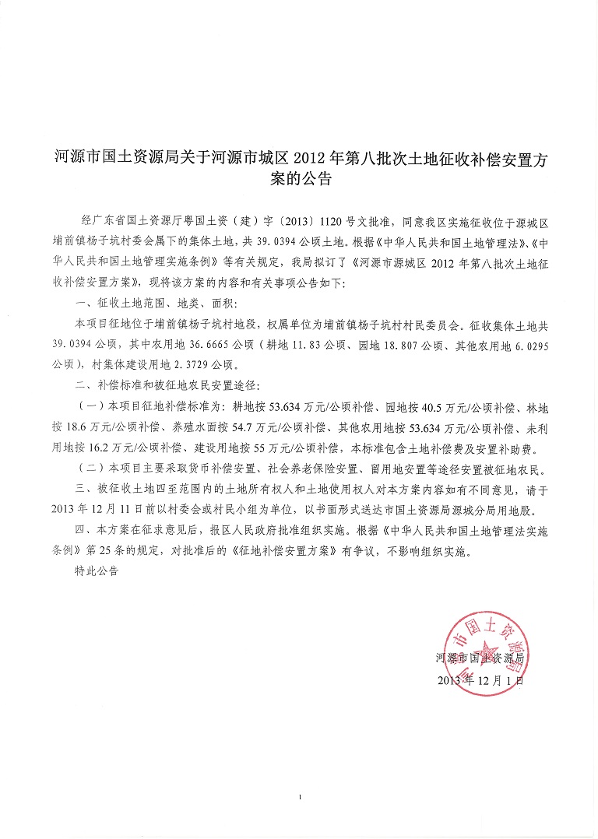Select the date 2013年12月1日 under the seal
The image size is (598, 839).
pyautogui.click(x=483, y=679)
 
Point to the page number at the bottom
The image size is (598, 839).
pyautogui.click(x=300, y=796)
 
